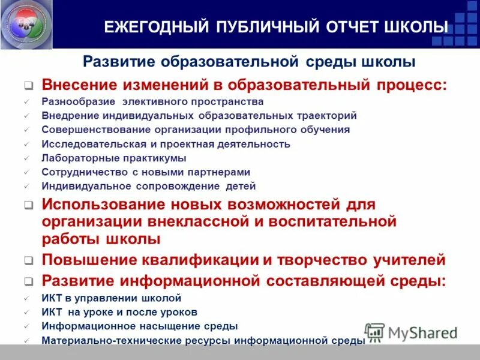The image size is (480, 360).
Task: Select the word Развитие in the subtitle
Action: click(x=117, y=62)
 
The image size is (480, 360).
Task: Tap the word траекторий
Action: click(x=322, y=115)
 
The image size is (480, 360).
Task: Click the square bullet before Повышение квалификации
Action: click(x=28, y=261)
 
